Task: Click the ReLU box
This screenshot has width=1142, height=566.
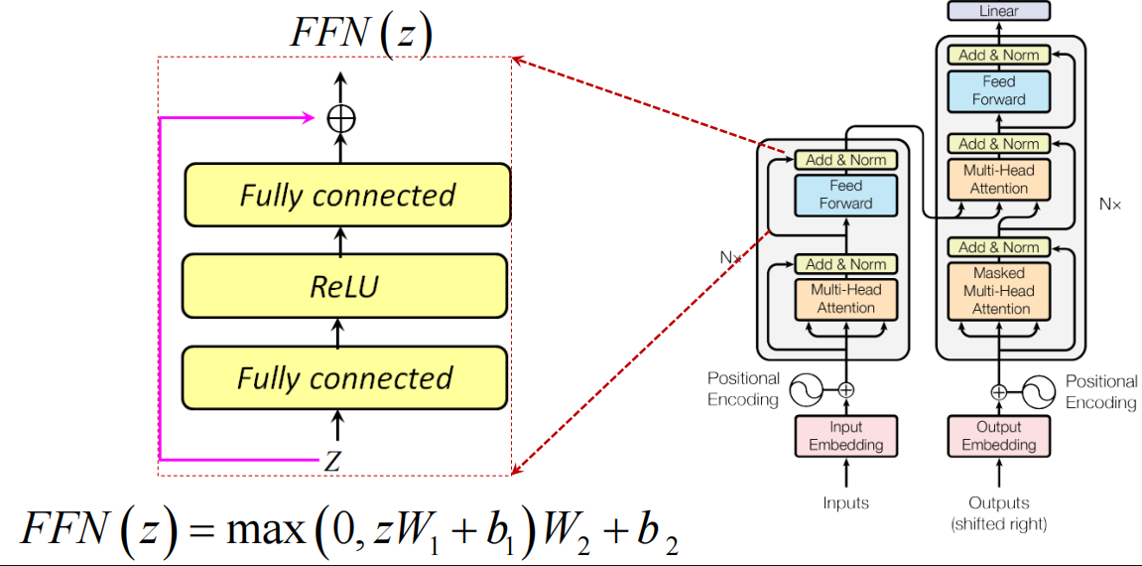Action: click(x=346, y=287)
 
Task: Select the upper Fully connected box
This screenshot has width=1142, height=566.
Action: click(x=347, y=195)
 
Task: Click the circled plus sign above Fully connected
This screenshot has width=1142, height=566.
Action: click(x=340, y=118)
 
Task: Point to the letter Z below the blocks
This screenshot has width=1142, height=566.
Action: click(x=333, y=460)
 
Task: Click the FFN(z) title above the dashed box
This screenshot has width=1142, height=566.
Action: click(x=360, y=34)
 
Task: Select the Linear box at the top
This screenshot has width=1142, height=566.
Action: click(x=998, y=11)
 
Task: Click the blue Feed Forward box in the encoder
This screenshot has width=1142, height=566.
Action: click(x=845, y=195)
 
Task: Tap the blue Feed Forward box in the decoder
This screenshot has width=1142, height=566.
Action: click(x=998, y=90)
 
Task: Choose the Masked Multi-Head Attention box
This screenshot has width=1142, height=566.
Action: click(x=999, y=291)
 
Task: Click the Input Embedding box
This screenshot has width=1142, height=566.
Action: click(x=846, y=436)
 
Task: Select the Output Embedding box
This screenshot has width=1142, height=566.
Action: click(x=998, y=436)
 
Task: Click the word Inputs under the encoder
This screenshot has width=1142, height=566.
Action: click(x=845, y=502)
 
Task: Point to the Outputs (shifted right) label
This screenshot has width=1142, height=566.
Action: click(x=998, y=512)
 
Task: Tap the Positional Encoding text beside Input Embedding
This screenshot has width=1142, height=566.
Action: click(x=743, y=390)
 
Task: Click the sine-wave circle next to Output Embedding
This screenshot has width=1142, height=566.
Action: click(x=1037, y=391)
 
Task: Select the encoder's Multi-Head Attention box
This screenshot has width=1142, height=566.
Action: click(x=845, y=299)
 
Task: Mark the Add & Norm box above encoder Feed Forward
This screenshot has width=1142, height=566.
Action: click(x=845, y=159)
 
